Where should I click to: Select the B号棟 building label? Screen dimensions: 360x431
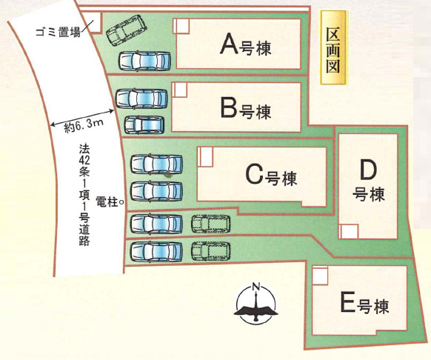246,110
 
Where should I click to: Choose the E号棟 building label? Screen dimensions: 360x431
364,304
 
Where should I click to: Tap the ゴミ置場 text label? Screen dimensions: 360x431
59,31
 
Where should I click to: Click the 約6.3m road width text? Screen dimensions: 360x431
84,126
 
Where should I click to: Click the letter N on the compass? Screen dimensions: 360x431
256,287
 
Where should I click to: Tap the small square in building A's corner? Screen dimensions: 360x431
181,26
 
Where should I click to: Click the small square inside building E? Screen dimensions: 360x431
320,275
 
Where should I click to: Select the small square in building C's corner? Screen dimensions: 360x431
205,156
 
